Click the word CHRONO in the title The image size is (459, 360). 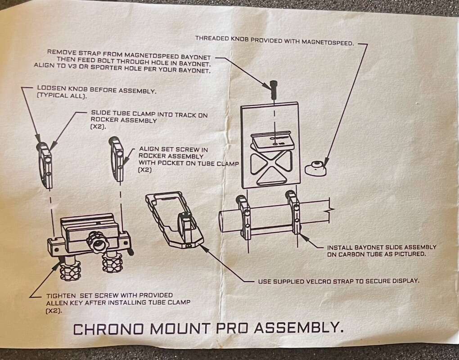(x=108, y=328)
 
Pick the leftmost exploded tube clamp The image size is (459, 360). (x=45, y=165)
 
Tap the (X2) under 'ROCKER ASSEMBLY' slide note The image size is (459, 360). (x=98, y=127)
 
